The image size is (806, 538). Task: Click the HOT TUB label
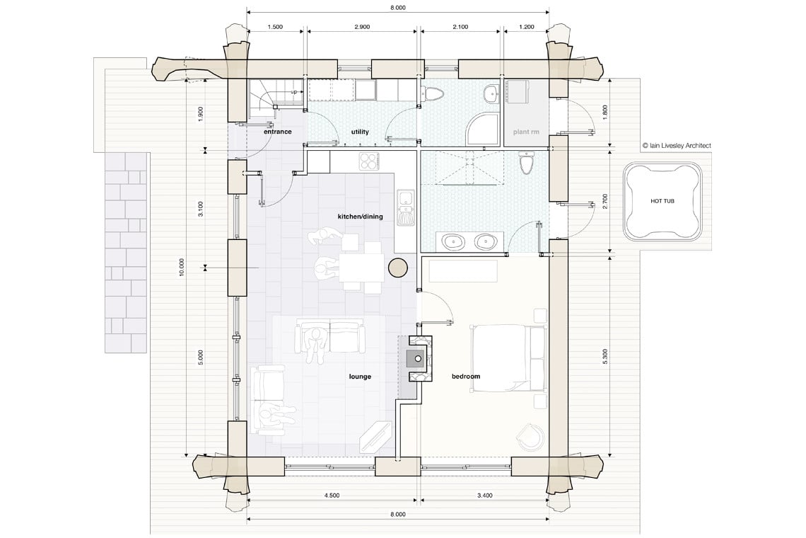coord(662,201)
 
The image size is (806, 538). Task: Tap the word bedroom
coord(466,377)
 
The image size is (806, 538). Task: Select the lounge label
coord(360,377)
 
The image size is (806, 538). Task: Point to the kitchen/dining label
coord(360,217)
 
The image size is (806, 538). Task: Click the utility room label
coord(360,132)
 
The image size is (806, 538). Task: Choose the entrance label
coord(278,132)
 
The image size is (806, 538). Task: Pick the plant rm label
coord(526,132)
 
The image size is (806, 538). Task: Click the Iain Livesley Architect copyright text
coord(677,146)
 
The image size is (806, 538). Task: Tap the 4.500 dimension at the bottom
coord(332,496)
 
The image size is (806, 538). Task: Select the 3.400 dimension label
coord(485,496)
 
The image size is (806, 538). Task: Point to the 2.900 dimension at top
coord(362,27)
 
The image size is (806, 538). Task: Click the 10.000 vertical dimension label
coord(182,268)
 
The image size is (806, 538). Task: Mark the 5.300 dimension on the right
coord(605,356)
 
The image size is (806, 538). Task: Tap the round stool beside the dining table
coord(398,267)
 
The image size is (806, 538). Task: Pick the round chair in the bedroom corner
coord(531,437)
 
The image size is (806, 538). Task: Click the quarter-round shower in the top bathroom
coord(482,130)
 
